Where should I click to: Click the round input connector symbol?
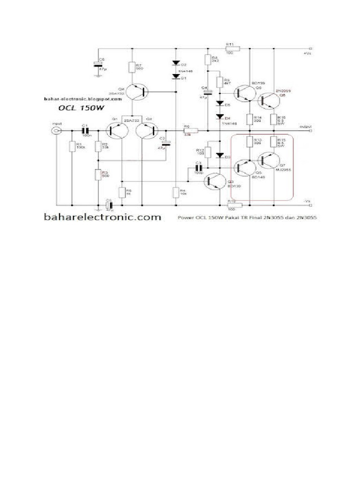56,130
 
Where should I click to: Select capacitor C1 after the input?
85,130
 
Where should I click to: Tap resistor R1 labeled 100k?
72,147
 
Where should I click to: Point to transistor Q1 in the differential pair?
114,130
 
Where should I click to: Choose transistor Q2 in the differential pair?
148,130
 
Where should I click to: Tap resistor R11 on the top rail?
232,48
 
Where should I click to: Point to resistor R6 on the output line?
190,130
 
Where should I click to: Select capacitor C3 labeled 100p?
198,167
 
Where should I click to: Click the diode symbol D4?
218,117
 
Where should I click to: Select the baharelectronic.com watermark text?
103,217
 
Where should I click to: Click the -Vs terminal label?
307,201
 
